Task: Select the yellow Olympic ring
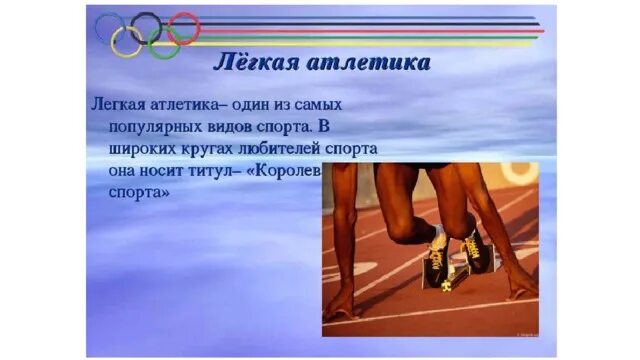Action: (127, 41)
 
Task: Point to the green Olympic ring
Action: (164, 42)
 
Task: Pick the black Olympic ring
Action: (146, 25)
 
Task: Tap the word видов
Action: (242, 127)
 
